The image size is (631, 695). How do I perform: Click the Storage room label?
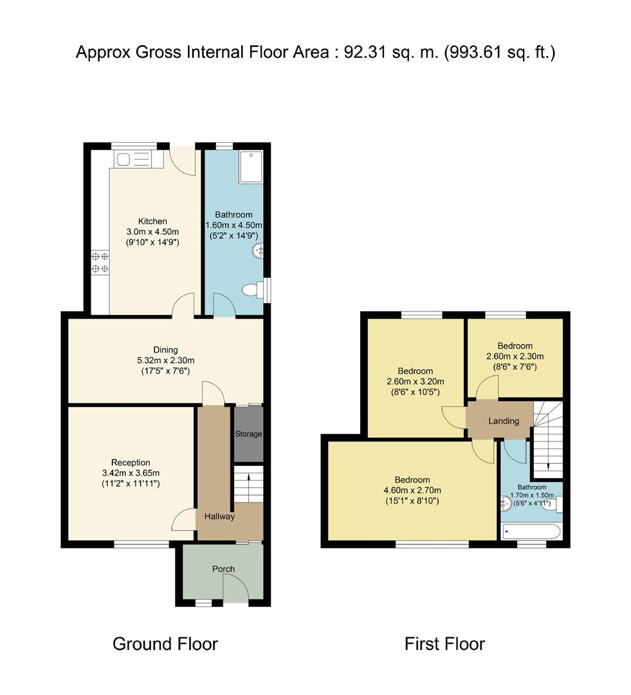tap(248, 434)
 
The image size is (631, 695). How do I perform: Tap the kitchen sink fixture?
tap(133, 159)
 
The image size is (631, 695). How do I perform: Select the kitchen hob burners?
tap(100, 263)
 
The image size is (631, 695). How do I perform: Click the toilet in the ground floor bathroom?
tap(253, 290)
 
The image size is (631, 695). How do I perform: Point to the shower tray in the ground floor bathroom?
tap(251, 167)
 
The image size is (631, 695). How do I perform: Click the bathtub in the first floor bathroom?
tap(532, 531)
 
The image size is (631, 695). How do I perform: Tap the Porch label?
tap(223, 569)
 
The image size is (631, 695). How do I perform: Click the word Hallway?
tap(219, 516)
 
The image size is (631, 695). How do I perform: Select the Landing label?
tap(504, 421)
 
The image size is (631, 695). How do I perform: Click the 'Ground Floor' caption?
tap(165, 644)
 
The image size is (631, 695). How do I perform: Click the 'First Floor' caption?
tap(444, 644)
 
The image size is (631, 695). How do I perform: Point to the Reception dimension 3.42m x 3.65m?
tap(131, 473)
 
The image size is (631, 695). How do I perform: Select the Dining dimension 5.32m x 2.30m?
tap(166, 360)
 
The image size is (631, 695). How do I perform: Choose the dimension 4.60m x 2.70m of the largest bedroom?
tap(412, 490)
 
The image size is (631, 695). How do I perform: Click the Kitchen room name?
tap(152, 221)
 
